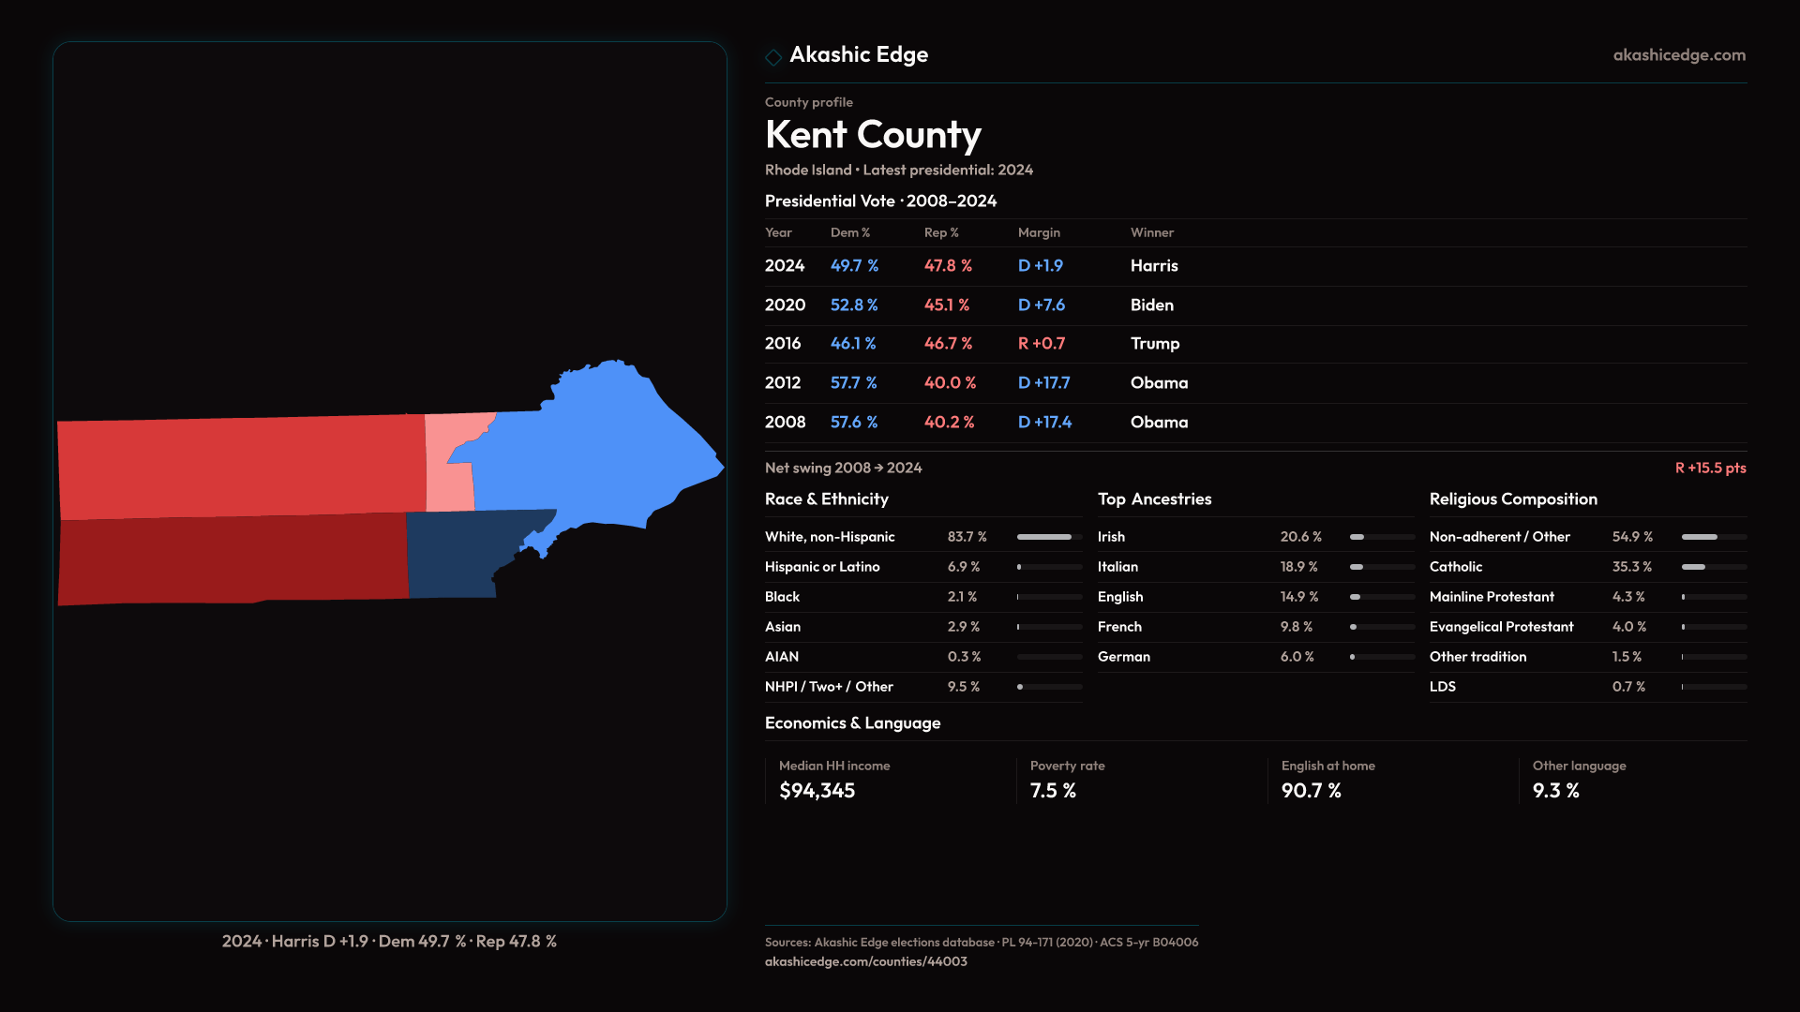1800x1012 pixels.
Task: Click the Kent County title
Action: (x=873, y=135)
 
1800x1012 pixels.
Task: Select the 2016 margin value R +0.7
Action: (x=1042, y=344)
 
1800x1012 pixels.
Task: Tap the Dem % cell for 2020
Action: (x=853, y=305)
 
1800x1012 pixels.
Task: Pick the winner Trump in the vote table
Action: (x=1154, y=344)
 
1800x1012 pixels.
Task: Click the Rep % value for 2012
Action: (x=950, y=383)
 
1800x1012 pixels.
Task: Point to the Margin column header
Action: (x=1039, y=232)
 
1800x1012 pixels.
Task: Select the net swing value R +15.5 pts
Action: (x=1710, y=468)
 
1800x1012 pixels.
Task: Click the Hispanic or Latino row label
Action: (x=821, y=567)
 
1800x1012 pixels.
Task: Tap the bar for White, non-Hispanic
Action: (x=1048, y=537)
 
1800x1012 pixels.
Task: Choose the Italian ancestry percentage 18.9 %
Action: (x=1298, y=567)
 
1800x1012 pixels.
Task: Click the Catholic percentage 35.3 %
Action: (x=1631, y=567)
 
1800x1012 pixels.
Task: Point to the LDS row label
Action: (x=1442, y=687)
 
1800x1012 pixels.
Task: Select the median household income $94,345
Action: (x=817, y=791)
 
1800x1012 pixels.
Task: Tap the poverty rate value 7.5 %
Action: (x=1053, y=791)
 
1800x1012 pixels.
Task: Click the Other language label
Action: (x=1579, y=766)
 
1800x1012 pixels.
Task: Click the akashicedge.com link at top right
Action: (x=1678, y=55)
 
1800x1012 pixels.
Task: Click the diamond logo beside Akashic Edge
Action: (x=773, y=57)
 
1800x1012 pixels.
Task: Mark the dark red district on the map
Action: (x=234, y=558)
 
